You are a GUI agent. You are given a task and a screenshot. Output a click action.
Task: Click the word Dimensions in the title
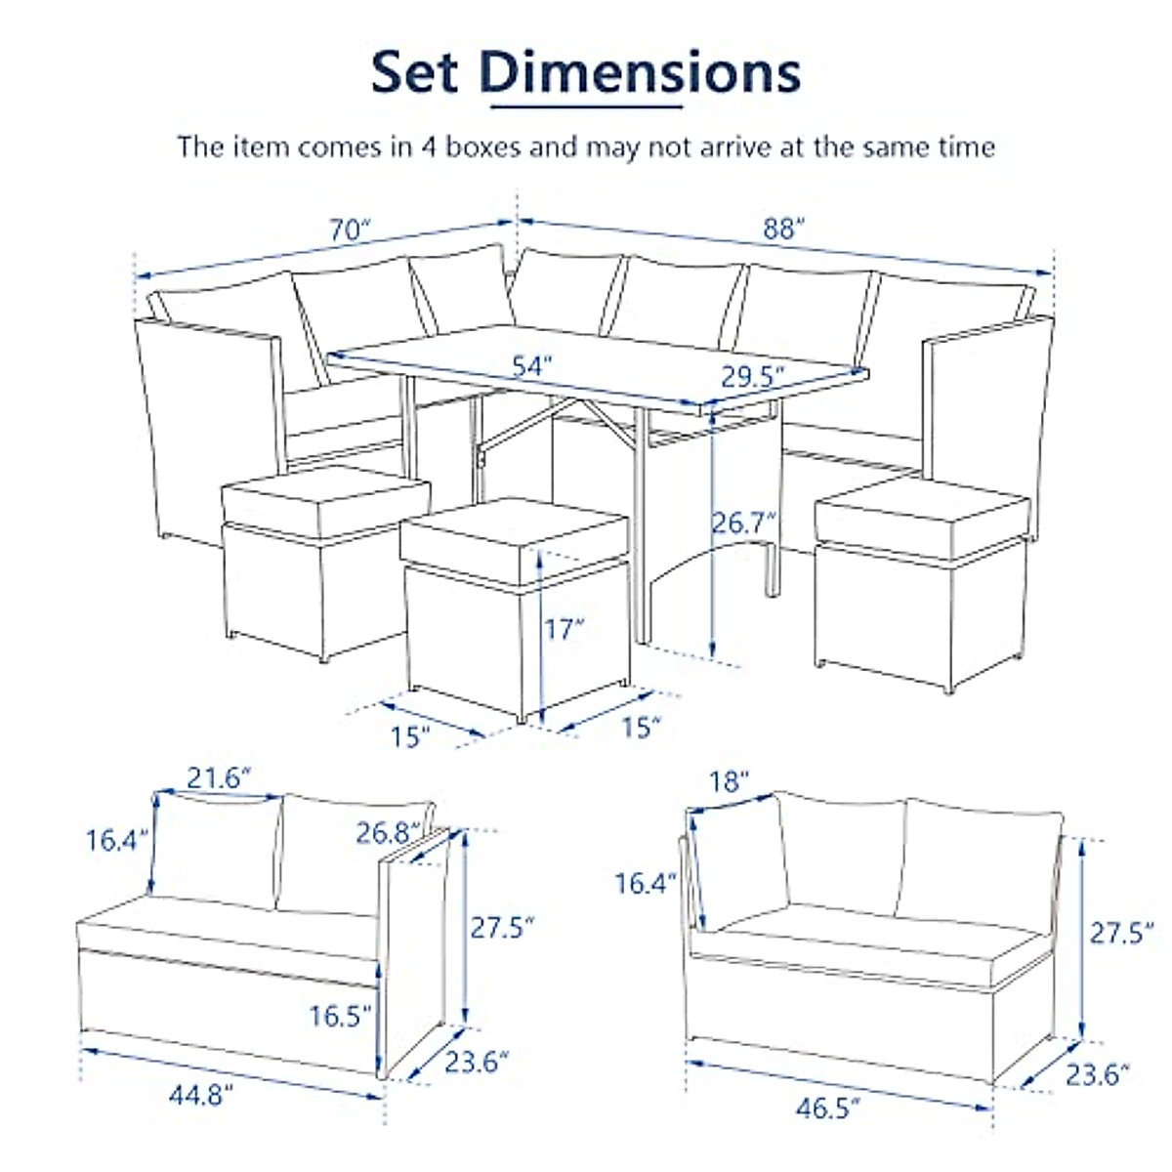click(x=640, y=72)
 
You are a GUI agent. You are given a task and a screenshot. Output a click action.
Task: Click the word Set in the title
click(x=414, y=72)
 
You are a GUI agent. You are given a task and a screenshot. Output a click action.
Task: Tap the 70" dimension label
click(x=351, y=230)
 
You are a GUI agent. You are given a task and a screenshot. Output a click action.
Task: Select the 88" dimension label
click(x=783, y=230)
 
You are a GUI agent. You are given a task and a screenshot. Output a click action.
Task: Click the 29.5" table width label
click(x=754, y=376)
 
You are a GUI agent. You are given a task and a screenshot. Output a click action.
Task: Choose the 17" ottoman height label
click(x=565, y=628)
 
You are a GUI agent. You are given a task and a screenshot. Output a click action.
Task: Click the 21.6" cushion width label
click(x=220, y=777)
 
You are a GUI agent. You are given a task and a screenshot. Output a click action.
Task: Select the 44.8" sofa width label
click(x=201, y=1095)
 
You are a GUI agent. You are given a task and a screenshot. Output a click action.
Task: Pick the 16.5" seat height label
click(x=341, y=1016)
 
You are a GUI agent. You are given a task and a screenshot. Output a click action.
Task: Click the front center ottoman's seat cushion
click(x=513, y=538)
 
